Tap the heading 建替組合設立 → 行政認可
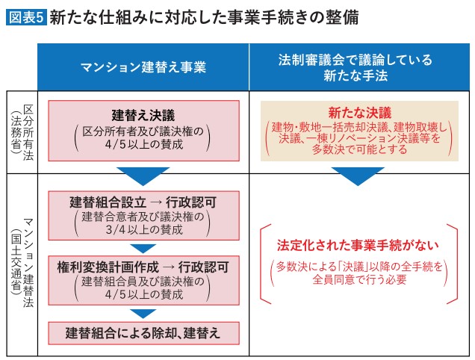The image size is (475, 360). click(143, 202)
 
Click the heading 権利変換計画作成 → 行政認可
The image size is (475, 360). click(143, 267)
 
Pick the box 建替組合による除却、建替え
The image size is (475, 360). click(143, 332)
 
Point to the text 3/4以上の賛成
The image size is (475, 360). click(143, 230)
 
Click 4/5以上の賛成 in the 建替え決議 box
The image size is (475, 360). click(143, 144)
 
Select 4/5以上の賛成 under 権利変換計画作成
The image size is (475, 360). click(143, 294)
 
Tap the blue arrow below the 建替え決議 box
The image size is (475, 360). click(143, 176)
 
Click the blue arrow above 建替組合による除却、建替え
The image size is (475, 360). click(143, 313)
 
